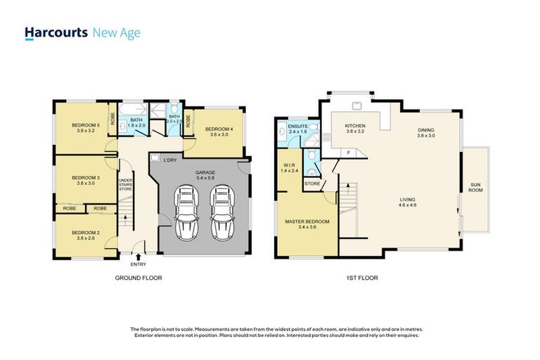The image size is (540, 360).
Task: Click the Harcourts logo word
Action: (56, 33)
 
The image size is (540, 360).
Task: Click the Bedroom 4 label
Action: (219, 129)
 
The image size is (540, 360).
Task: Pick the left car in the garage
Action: (188, 211)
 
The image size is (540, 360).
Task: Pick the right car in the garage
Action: (221, 211)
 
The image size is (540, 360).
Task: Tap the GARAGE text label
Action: (205, 172)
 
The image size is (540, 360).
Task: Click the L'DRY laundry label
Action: (169, 160)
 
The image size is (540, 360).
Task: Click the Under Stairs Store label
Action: (126, 181)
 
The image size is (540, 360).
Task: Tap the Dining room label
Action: (426, 130)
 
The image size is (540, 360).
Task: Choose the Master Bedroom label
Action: (307, 221)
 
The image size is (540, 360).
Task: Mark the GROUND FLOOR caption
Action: (139, 278)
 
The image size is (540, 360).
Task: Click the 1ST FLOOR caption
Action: (363, 278)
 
